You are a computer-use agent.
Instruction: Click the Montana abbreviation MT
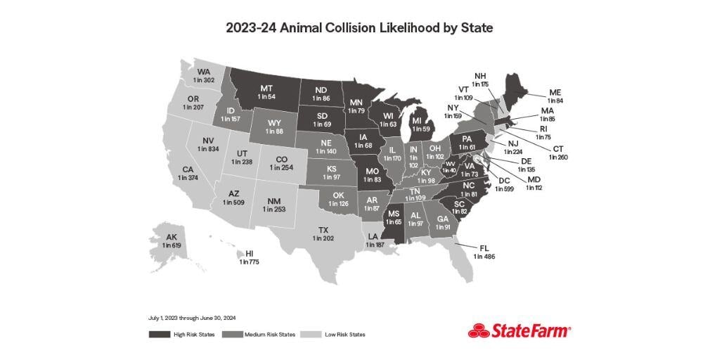click(266, 88)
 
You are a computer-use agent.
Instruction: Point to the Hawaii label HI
click(249, 254)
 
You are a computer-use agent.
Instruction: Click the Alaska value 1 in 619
click(171, 245)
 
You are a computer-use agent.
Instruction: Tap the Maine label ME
click(555, 92)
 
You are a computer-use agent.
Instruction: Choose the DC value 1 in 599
click(504, 189)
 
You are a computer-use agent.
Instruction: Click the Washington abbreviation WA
click(204, 72)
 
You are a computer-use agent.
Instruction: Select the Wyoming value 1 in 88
click(276, 130)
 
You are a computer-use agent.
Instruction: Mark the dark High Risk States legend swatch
click(159, 334)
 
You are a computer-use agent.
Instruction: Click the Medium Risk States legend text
click(269, 334)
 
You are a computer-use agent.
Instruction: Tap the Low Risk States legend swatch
click(309, 334)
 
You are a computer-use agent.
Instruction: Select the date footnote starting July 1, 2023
click(186, 318)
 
